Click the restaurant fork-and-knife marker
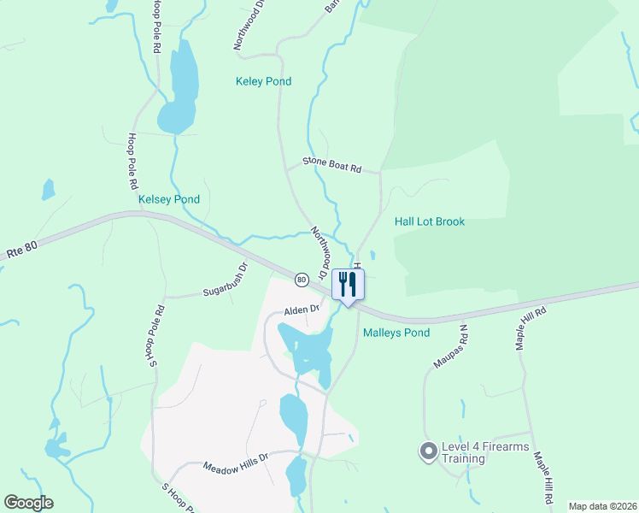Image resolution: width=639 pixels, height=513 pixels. pyautogui.click(x=348, y=284)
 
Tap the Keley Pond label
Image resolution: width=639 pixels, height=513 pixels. pyautogui.click(x=263, y=82)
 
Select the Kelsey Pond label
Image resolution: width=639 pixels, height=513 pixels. pyautogui.click(x=169, y=199)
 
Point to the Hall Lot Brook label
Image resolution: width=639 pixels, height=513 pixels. pyautogui.click(x=430, y=221)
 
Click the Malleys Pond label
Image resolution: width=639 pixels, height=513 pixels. pyautogui.click(x=396, y=333)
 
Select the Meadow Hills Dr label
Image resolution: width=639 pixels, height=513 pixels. pyautogui.click(x=236, y=469)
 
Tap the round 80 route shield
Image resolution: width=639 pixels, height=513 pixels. pyautogui.click(x=302, y=280)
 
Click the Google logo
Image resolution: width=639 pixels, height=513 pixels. pyautogui.click(x=28, y=502)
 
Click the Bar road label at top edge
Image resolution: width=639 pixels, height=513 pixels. pyautogui.click(x=331, y=7)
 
